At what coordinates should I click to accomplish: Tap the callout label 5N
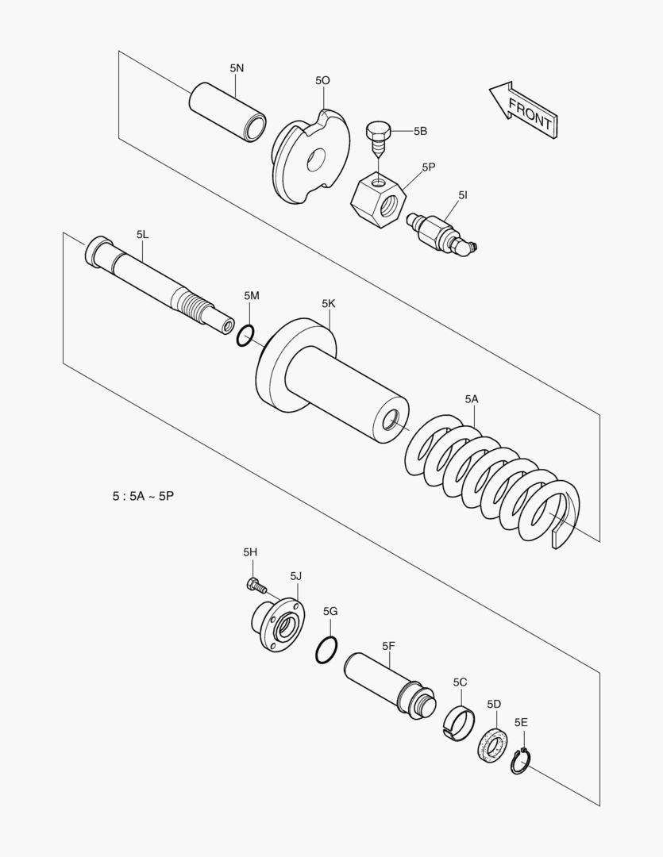237,68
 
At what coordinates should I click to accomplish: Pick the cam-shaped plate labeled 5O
310,156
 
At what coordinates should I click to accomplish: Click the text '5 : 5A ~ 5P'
143,496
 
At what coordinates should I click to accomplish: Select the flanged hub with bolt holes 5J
278,624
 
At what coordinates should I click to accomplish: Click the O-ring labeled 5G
326,650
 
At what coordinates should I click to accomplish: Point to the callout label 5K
329,303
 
